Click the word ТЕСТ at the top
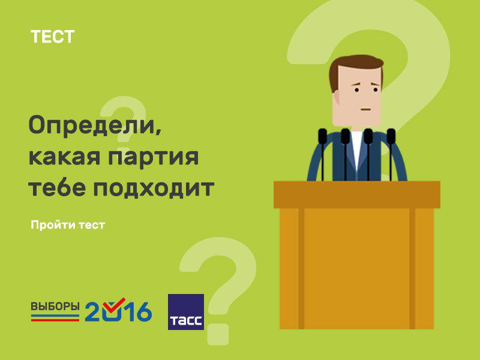tap(52, 37)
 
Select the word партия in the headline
tap(154, 157)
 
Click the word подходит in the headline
tap(154, 188)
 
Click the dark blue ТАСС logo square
tap(186, 312)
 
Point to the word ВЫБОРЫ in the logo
tap(55, 307)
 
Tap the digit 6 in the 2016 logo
tap(143, 311)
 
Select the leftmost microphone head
tap(323, 136)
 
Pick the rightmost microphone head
tap(391, 136)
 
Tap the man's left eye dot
tap(357, 89)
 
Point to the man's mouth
tap(366, 109)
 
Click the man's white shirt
tap(357, 150)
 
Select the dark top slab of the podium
tap(357, 194)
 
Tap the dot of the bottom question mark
tap(218, 334)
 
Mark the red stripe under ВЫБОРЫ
tap(55, 320)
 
